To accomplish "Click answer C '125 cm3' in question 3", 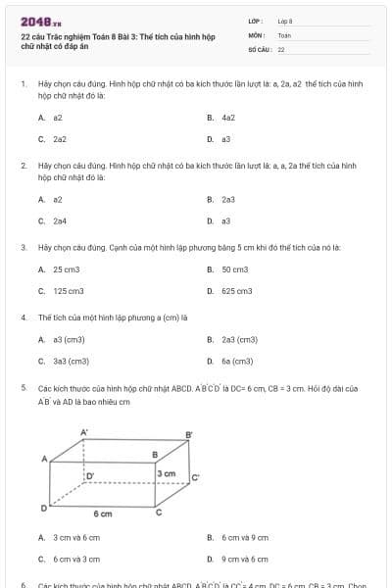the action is tap(68, 291).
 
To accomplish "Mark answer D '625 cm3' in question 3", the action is tap(236, 291).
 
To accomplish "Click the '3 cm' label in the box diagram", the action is tap(168, 473).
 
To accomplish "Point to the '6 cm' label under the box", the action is tap(103, 514).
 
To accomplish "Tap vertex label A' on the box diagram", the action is tap(83, 432).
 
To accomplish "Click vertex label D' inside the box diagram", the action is tap(90, 475).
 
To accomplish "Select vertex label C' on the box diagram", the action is tap(194, 478).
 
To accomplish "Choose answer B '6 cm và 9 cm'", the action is tap(238, 537).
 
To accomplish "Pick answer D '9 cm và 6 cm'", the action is tap(238, 559).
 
